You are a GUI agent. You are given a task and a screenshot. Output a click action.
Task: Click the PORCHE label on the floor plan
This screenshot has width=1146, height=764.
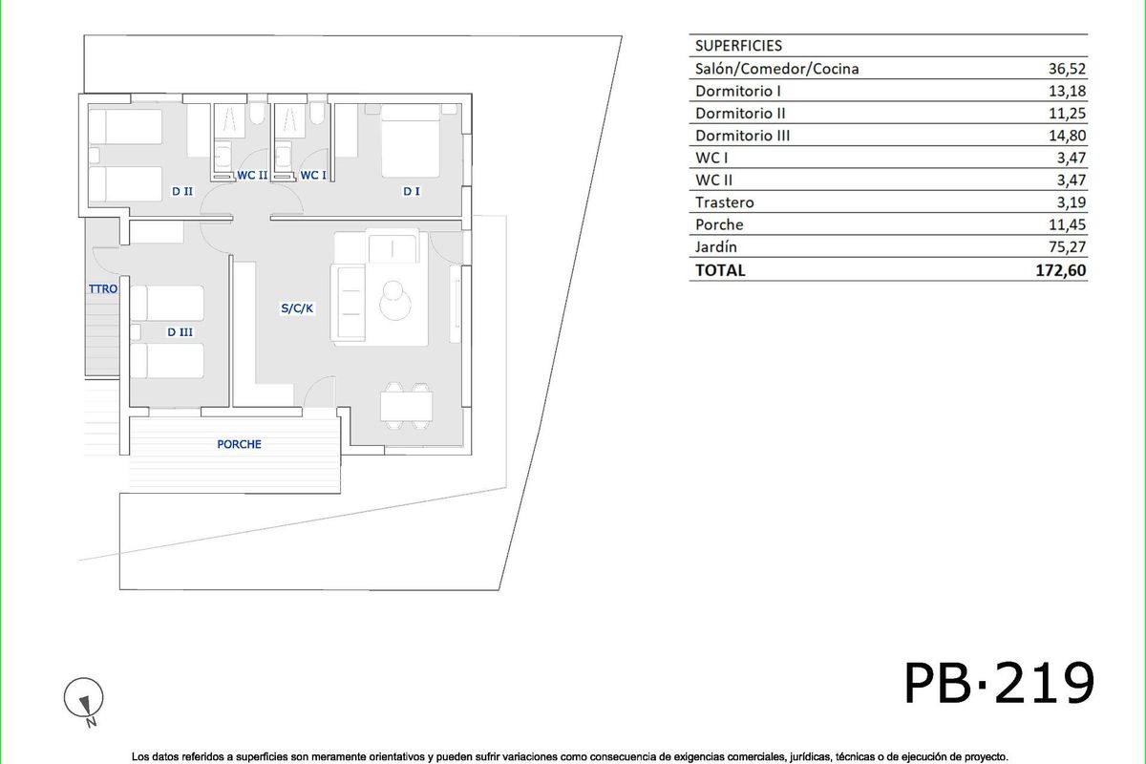tap(239, 444)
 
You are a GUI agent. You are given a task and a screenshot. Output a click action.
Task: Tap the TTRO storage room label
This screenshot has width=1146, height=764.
tap(102, 288)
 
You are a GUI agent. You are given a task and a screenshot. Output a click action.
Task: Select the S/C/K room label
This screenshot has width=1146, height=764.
tap(297, 309)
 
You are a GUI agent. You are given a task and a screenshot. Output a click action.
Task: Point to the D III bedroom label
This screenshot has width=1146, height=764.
tap(180, 332)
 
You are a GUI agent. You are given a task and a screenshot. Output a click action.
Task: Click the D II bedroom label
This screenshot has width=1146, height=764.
tap(182, 191)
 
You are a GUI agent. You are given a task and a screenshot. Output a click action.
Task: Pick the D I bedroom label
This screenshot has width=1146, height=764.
tap(412, 191)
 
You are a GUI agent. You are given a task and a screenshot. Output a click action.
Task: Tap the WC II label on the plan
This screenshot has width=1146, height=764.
tap(252, 175)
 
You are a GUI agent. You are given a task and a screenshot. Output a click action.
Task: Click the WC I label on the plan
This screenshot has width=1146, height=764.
tap(313, 175)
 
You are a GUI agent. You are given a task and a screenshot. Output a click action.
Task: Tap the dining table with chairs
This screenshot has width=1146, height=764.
tap(407, 405)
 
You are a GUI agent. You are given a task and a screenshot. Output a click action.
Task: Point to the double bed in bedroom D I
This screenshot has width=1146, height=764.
tap(411, 141)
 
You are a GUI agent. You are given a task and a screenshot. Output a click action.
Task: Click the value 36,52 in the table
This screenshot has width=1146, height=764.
tap(1068, 69)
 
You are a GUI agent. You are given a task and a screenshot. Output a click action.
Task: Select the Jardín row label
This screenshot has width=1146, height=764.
tap(716, 247)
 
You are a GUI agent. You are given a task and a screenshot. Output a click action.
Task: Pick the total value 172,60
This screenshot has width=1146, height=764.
tap(1060, 270)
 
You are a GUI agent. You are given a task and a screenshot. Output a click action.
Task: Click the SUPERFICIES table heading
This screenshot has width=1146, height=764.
tap(738, 46)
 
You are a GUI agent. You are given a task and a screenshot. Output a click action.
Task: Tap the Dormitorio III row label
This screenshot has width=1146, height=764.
tap(742, 136)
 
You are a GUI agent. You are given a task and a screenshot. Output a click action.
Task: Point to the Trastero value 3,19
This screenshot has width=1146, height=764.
tap(1072, 202)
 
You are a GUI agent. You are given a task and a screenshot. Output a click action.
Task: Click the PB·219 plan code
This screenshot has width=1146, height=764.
tap(998, 682)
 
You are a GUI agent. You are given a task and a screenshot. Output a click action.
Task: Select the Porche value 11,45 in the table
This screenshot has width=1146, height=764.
tap(1068, 225)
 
